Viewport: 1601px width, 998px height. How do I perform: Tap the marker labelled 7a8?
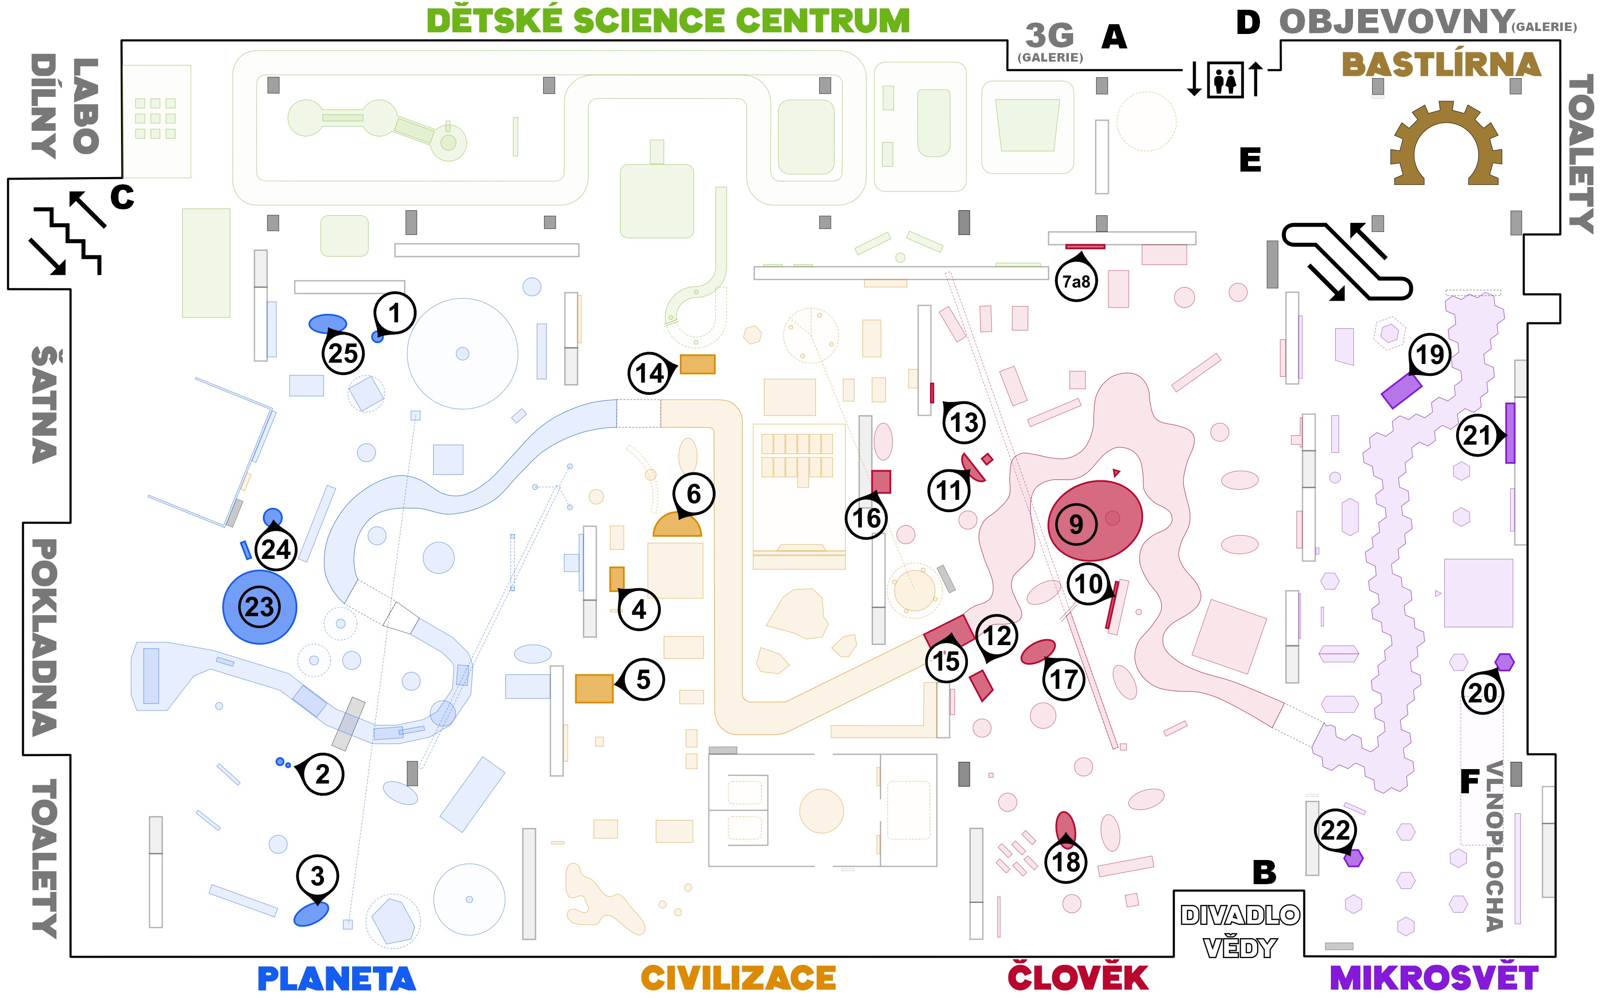point(1076,282)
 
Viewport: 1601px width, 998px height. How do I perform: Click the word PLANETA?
point(337,978)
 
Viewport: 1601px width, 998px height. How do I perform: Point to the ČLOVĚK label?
point(1078,978)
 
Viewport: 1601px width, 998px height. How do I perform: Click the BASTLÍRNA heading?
point(1441,65)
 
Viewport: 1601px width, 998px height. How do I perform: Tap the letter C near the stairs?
point(122,197)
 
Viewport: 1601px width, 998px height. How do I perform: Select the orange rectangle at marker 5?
point(594,688)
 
